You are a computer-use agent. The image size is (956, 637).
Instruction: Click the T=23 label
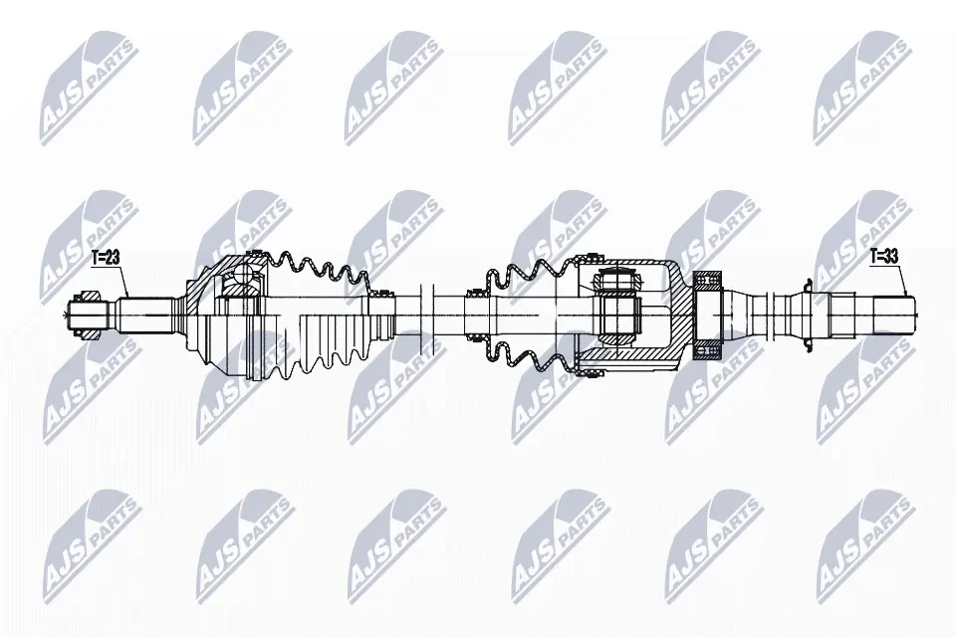[106, 258]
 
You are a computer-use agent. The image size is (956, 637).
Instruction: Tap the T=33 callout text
[883, 257]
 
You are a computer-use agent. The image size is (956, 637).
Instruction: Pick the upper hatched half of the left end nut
[87, 297]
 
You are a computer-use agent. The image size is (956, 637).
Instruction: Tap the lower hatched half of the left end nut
[87, 332]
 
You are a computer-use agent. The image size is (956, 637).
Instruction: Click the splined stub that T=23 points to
[145, 315]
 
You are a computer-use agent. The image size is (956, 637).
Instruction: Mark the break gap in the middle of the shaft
[426, 314]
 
